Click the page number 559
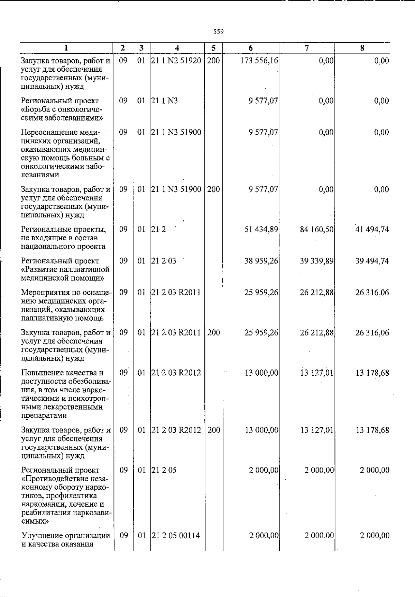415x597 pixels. pos(218,32)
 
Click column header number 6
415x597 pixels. pos(251,48)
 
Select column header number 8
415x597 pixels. pos(362,48)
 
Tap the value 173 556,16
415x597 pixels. pos(259,61)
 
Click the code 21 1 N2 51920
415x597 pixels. pos(176,61)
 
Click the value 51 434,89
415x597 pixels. pos(261,229)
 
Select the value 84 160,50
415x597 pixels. pos(316,229)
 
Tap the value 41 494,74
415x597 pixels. pos(372,229)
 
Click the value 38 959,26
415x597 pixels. pos(261,261)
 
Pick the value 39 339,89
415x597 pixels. pos(316,261)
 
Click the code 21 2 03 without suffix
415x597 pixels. pos(164,261)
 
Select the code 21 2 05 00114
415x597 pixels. pos(176,535)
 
